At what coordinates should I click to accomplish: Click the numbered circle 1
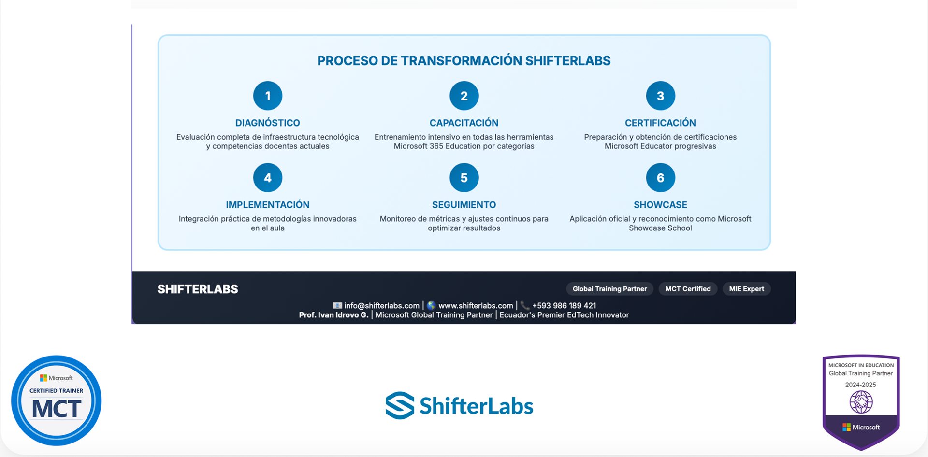tap(268, 96)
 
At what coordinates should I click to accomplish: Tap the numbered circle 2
tap(464, 96)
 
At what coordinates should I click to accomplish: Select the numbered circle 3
tap(660, 96)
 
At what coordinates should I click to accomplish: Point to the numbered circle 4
tap(268, 178)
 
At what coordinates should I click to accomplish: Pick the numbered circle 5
tap(464, 178)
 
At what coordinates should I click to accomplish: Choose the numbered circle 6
tap(660, 178)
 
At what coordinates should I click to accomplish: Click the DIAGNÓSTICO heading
tap(268, 123)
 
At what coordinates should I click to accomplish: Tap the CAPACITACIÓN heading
tap(464, 123)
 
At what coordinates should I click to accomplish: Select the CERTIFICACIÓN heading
tap(660, 123)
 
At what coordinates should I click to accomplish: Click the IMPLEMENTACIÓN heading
tap(268, 205)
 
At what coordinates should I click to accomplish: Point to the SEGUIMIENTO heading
tap(464, 205)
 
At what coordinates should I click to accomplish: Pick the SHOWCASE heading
tap(660, 205)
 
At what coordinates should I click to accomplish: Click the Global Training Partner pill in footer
tap(610, 289)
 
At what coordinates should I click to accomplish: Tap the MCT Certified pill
tap(688, 289)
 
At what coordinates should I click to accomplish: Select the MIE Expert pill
tap(747, 289)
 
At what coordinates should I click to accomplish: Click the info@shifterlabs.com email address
tap(382, 306)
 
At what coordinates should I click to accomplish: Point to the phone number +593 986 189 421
tap(564, 306)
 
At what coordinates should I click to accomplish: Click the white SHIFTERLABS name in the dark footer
tap(198, 289)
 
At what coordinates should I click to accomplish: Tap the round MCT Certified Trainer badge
tap(57, 400)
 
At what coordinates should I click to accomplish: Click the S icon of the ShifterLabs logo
tap(400, 405)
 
